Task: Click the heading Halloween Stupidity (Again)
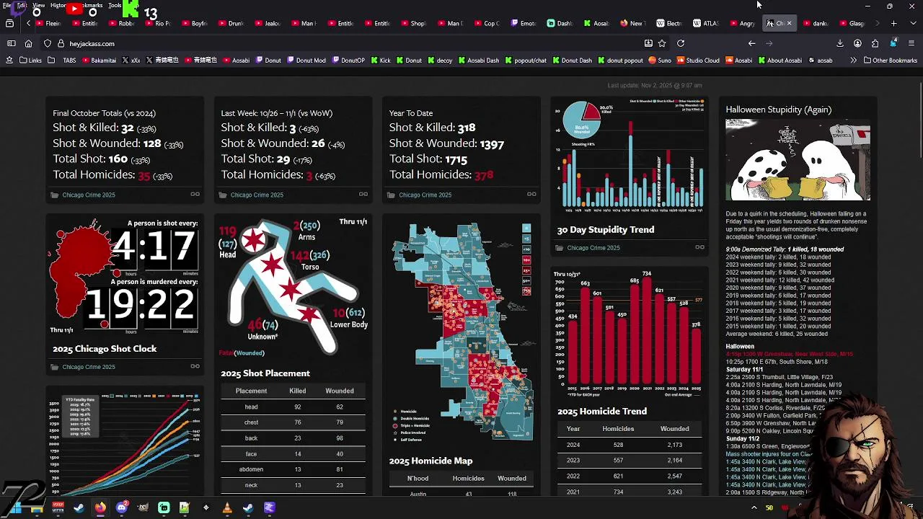778,110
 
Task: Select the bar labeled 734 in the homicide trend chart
647,332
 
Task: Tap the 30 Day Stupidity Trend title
605,230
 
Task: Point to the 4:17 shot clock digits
154,247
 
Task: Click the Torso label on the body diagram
310,267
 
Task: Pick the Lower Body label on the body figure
349,324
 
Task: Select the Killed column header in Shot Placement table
297,391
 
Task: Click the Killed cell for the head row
297,407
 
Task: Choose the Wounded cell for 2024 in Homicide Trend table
674,445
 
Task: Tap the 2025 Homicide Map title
430,461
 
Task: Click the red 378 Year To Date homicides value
483,174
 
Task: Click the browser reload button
680,44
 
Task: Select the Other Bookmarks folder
890,61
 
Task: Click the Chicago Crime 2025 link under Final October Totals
88,195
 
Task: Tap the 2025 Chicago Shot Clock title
105,349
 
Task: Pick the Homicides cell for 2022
618,476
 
